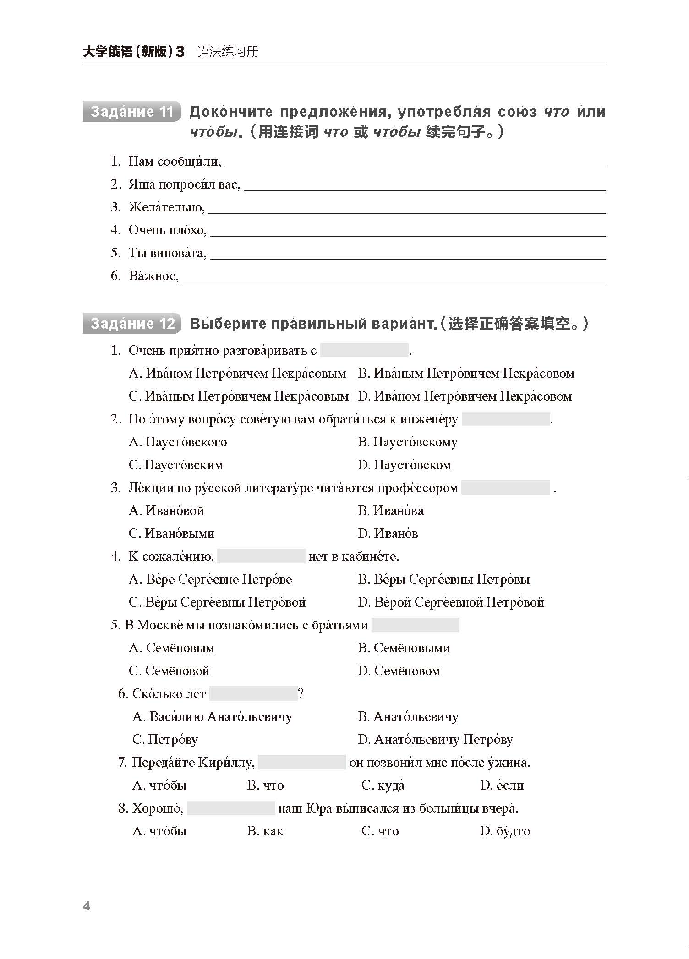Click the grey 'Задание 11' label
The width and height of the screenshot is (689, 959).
tap(132, 112)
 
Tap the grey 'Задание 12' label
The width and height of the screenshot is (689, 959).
tap(132, 324)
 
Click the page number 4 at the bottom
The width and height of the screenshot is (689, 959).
tap(87, 906)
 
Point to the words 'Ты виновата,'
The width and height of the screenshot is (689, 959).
tap(167, 253)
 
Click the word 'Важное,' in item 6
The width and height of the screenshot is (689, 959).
tap(153, 276)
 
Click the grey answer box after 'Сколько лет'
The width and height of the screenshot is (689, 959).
tap(253, 694)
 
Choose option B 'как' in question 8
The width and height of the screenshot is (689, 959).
tap(265, 831)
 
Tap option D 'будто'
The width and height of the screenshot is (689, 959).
tap(505, 831)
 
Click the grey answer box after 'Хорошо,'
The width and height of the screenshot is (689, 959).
tap(231, 808)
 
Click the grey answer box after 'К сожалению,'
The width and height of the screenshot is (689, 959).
tap(261, 557)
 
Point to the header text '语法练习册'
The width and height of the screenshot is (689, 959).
tap(228, 52)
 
